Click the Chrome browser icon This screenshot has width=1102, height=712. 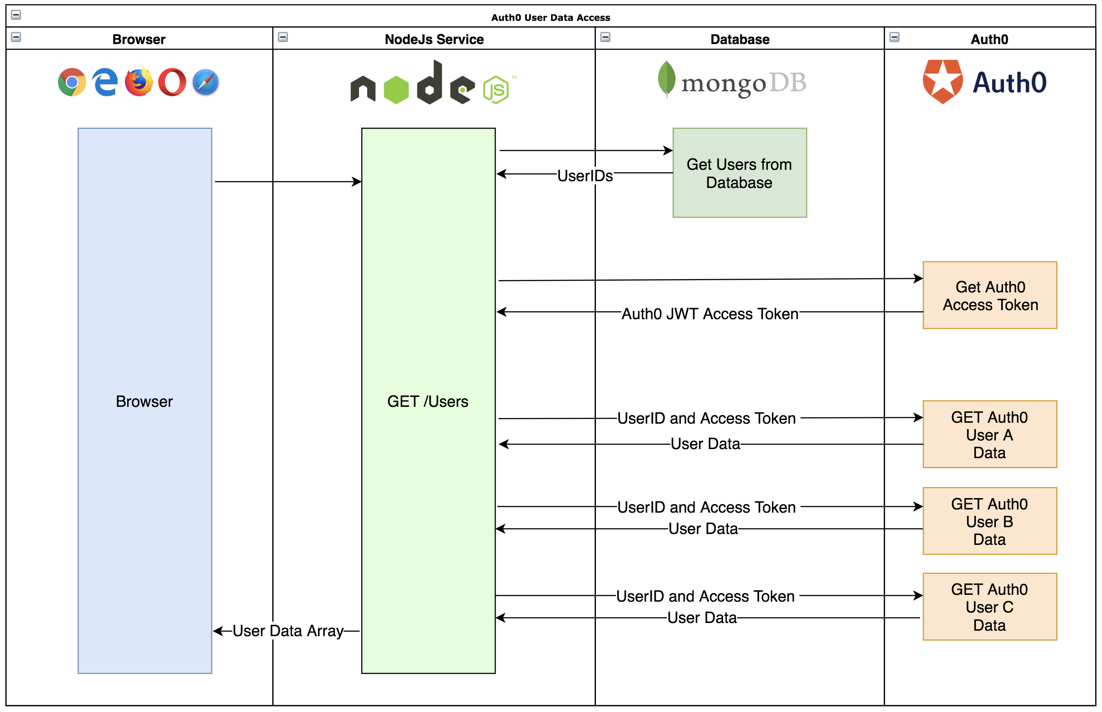(72, 82)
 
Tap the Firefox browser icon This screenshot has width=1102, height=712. (138, 82)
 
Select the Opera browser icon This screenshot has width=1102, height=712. (172, 82)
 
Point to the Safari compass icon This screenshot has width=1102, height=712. (205, 82)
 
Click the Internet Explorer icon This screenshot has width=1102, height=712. (105, 82)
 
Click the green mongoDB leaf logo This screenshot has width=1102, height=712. (666, 79)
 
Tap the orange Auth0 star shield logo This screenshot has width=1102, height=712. (942, 81)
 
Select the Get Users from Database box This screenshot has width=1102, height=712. (739, 173)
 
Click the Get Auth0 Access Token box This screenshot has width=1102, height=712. (989, 296)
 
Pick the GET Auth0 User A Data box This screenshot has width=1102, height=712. (989, 435)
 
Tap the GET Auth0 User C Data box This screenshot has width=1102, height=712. (989, 607)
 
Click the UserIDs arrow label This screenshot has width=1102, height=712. (585, 176)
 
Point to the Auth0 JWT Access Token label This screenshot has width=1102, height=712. (709, 314)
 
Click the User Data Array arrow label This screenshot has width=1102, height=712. (287, 631)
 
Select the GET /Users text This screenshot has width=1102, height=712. (428, 401)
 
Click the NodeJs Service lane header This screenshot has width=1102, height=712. (434, 40)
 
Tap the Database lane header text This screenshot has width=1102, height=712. (739, 40)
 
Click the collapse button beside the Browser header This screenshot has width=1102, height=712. (16, 37)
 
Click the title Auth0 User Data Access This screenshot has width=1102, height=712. (550, 18)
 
